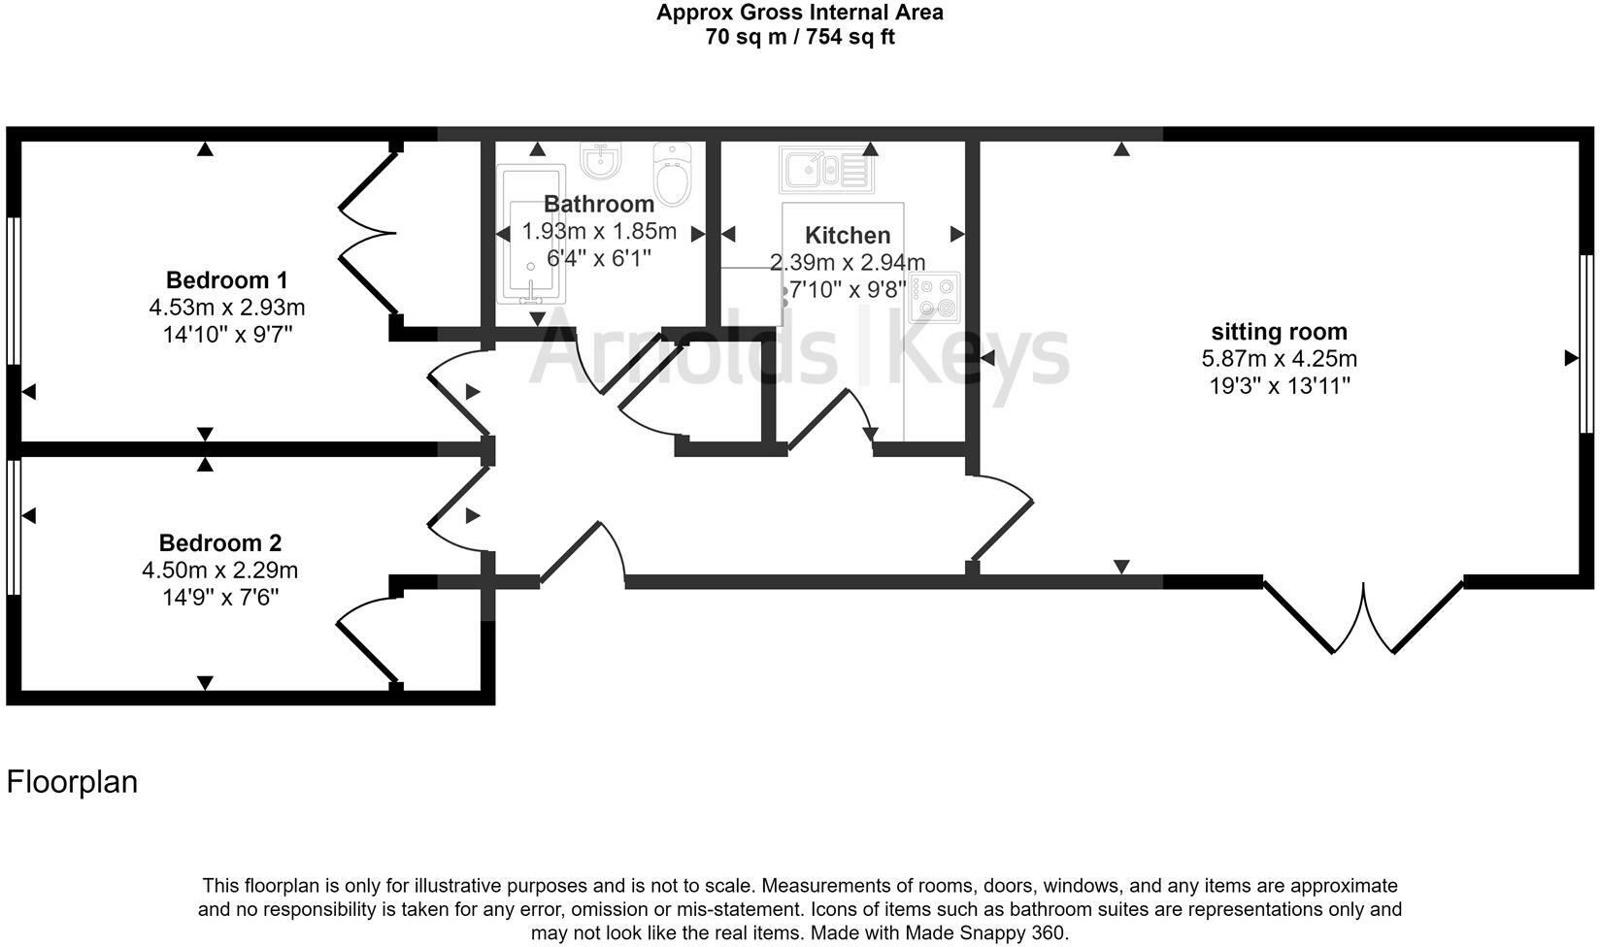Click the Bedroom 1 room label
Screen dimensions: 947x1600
(x=226, y=280)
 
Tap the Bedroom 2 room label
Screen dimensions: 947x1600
(x=220, y=543)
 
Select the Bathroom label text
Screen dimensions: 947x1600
(x=598, y=204)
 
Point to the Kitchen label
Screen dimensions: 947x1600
(x=847, y=236)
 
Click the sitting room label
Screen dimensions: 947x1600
(x=1278, y=332)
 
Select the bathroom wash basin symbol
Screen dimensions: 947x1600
(x=601, y=160)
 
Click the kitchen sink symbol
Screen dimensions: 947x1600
(x=826, y=171)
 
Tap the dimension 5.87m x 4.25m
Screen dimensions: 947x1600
(x=1278, y=359)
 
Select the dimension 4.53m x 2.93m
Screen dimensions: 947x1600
(x=226, y=308)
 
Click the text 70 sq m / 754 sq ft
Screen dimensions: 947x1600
(x=799, y=38)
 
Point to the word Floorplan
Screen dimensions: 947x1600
(x=72, y=782)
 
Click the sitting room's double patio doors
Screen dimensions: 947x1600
(x=1363, y=617)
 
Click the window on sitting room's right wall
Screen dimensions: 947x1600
(x=1585, y=343)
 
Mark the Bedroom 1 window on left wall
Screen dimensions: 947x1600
(x=14, y=291)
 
